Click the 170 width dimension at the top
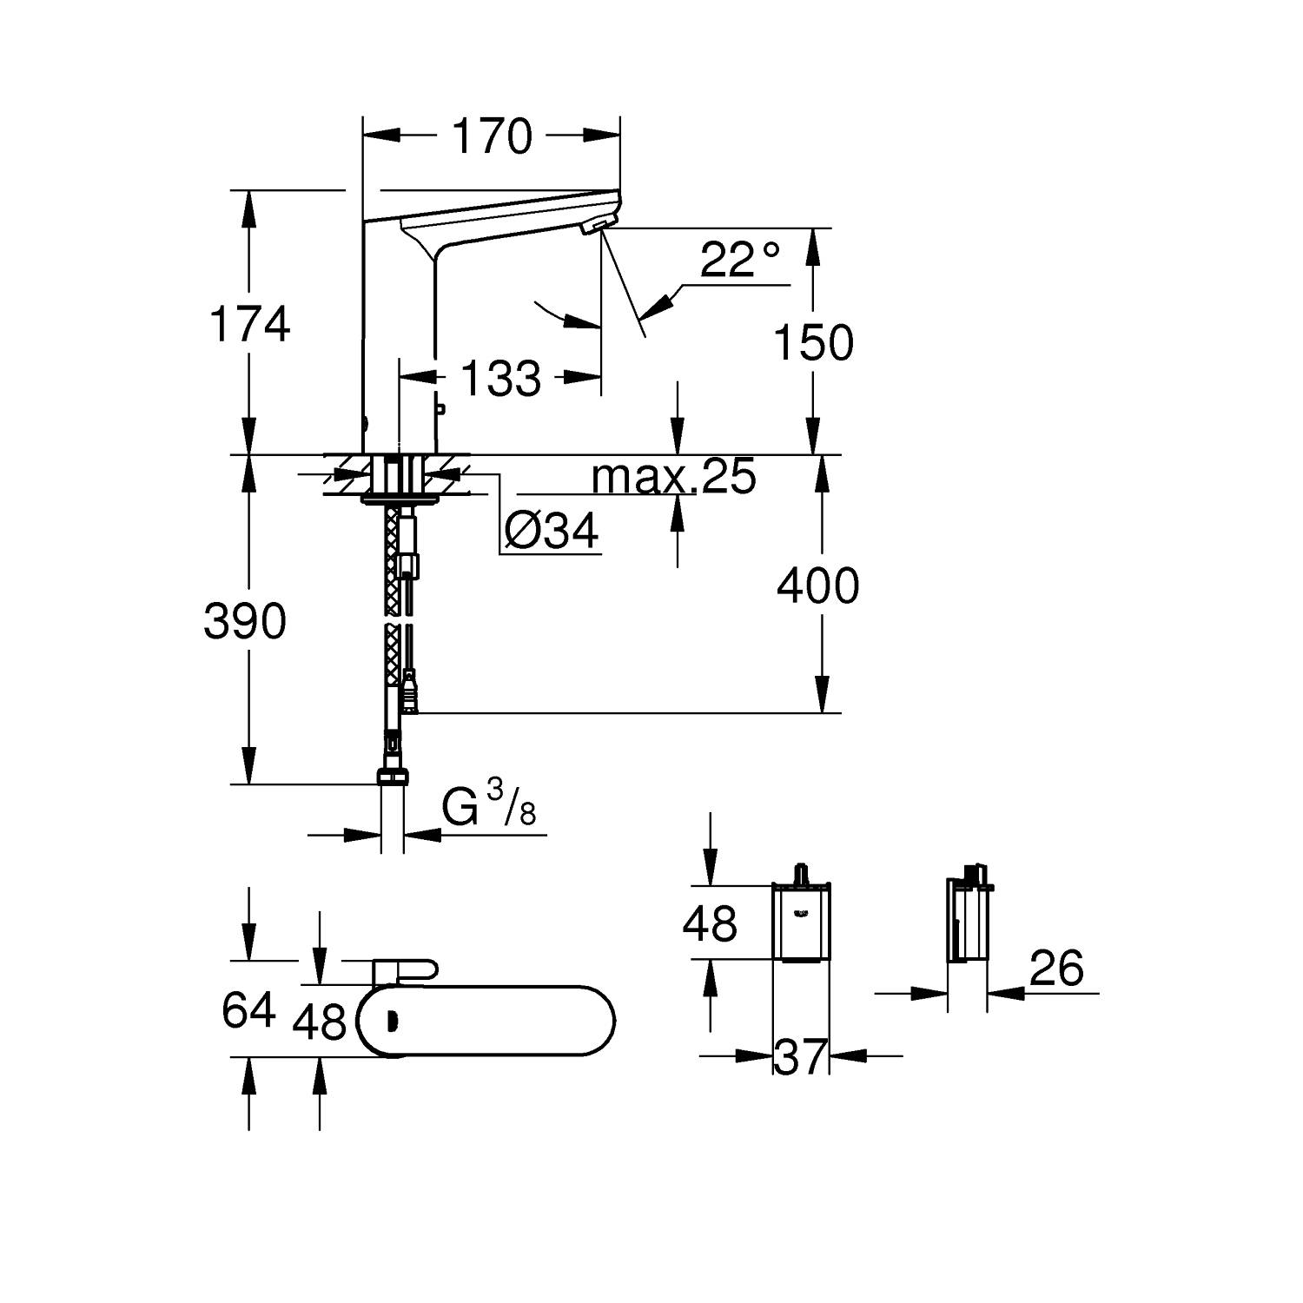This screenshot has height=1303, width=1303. (x=492, y=136)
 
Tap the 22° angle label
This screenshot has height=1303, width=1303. (x=739, y=259)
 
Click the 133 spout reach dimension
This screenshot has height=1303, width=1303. (x=500, y=378)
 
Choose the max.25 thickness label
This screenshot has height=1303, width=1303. (x=673, y=476)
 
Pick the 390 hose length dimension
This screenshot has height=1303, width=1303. (x=245, y=621)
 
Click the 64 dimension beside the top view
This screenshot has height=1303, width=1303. (x=248, y=1009)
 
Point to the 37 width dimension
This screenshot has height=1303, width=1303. (x=800, y=1056)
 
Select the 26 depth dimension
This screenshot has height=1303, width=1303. (x=1056, y=968)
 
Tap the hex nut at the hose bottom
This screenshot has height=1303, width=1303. (x=392, y=776)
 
